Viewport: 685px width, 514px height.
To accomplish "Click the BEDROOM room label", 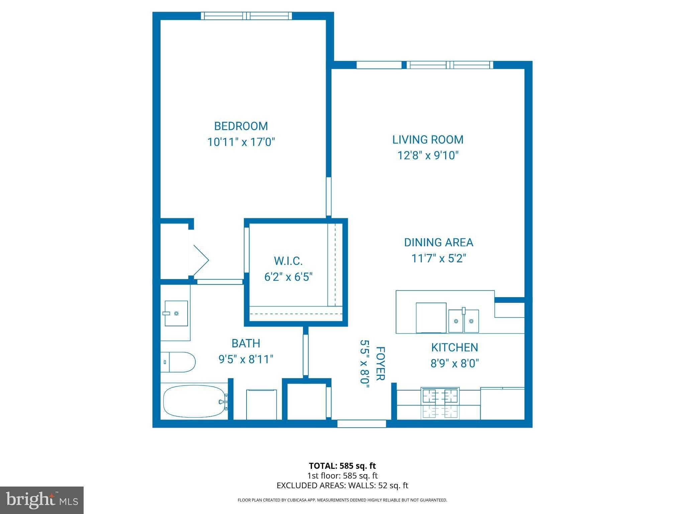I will (x=241, y=126).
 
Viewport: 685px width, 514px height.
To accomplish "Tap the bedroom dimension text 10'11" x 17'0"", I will (x=241, y=142).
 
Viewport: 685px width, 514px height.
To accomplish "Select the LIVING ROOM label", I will (x=428, y=140).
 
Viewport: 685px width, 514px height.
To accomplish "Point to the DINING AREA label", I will (x=438, y=242).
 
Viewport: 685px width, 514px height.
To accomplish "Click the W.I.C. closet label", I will (x=288, y=261).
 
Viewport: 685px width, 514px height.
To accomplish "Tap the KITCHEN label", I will (x=454, y=347).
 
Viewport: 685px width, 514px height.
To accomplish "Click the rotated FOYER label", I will (x=381, y=363).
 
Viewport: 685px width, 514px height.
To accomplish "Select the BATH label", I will (x=246, y=343).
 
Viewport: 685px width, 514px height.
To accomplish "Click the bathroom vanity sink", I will (x=176, y=313).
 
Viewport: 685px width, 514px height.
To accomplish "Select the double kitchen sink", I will (x=463, y=321).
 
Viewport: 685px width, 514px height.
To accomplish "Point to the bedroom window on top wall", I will (x=247, y=16).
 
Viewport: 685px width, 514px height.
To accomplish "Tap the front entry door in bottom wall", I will (x=362, y=424).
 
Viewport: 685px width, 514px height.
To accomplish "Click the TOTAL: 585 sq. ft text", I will (x=342, y=465).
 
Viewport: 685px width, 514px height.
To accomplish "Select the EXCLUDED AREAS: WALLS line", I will (x=342, y=485).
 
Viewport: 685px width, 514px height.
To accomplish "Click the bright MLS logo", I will (x=42, y=500).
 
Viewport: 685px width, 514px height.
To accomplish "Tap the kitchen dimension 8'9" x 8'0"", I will (x=454, y=363).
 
